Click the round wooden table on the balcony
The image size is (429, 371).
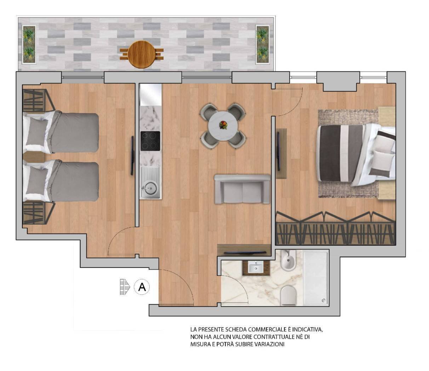(x=142, y=54)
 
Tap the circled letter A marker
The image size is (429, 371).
(x=142, y=287)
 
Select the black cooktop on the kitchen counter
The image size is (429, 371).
(x=150, y=141)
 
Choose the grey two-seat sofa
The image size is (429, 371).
(x=242, y=189)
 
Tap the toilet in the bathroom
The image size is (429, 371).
(x=288, y=295)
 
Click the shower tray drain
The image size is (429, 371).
(x=324, y=300)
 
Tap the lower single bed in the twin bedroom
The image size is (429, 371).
(x=61, y=181)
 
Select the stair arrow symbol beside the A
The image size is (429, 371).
(x=125, y=287)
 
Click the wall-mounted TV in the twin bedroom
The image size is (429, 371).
(x=132, y=155)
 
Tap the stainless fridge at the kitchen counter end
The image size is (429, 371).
(x=151, y=95)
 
